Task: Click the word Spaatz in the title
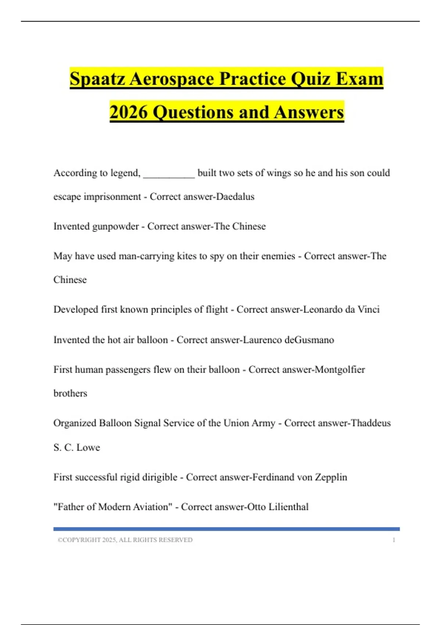click(97, 79)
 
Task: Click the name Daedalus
click(235, 197)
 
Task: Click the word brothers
click(70, 393)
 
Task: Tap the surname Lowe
click(88, 447)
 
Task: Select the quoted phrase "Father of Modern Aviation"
click(113, 507)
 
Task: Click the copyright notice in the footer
click(125, 540)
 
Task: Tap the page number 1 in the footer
click(394, 540)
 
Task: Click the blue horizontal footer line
click(226, 529)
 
